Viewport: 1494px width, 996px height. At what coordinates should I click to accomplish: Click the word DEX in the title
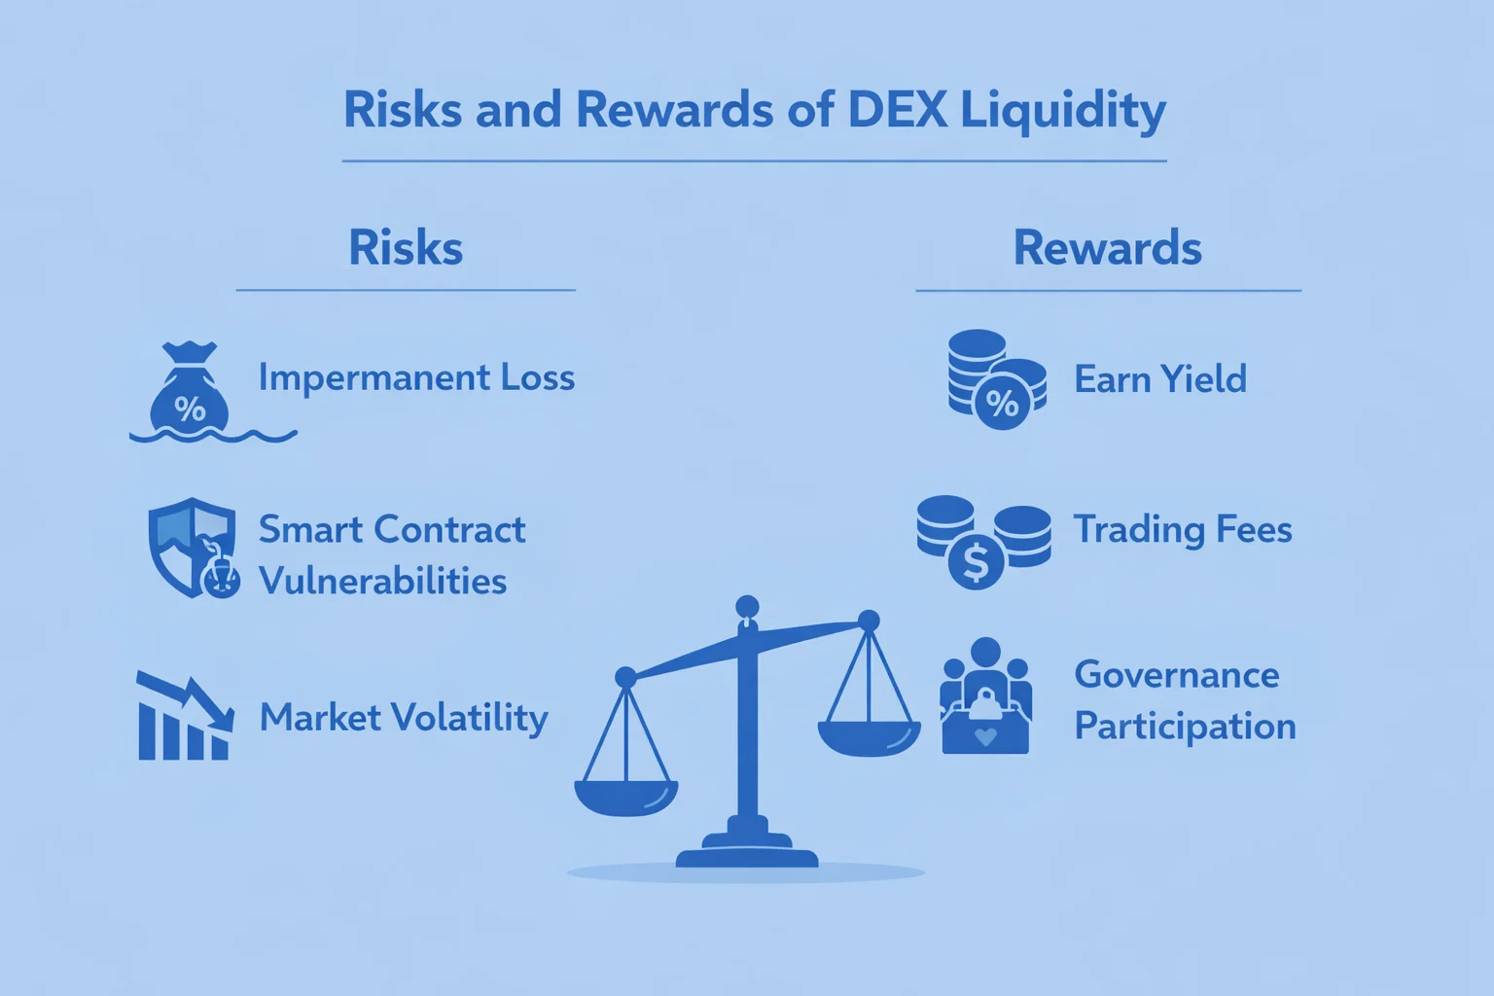[897, 109]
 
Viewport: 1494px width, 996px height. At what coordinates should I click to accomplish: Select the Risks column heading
[406, 247]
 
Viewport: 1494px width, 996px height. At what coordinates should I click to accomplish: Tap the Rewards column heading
[1107, 247]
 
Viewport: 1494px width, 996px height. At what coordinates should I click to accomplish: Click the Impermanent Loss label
[416, 377]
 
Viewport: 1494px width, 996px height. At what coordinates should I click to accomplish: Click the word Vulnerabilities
[382, 581]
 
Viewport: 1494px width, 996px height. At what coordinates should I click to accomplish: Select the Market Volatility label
[404, 718]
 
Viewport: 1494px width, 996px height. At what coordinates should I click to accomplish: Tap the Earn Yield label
[1159, 379]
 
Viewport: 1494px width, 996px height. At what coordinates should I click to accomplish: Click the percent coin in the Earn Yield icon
[1002, 401]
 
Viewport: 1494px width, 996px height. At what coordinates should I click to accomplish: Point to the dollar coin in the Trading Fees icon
[976, 562]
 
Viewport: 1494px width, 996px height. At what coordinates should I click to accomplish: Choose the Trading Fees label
[1182, 530]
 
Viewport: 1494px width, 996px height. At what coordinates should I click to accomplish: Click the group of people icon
[985, 696]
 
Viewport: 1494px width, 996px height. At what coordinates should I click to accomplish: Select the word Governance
[1176, 675]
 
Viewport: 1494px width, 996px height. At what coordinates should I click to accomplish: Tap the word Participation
[1185, 727]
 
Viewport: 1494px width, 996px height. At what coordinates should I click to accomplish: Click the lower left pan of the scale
[626, 797]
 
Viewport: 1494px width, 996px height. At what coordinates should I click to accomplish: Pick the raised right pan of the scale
[869, 737]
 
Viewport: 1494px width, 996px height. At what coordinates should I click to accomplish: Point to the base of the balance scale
[747, 853]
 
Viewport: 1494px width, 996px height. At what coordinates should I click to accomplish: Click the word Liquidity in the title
[1062, 109]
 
